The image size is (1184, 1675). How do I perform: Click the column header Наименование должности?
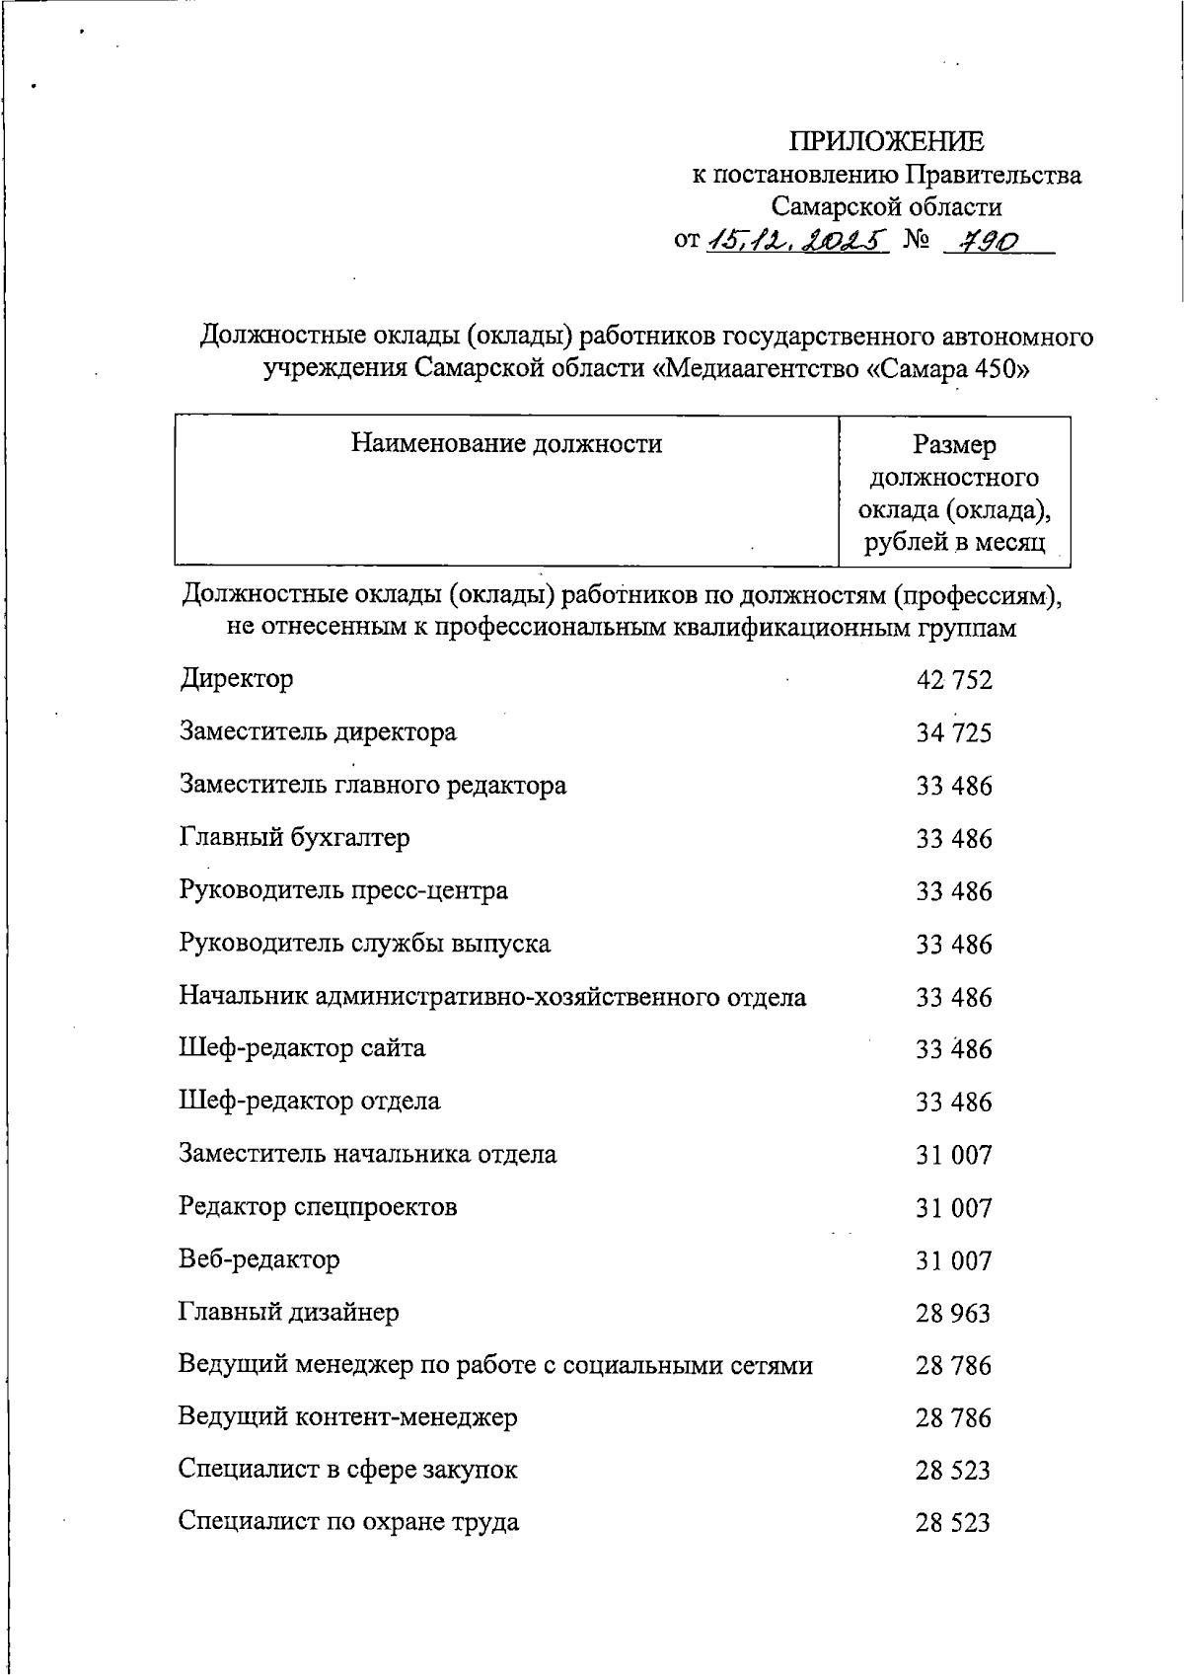tap(506, 444)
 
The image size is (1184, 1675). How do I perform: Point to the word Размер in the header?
tap(954, 445)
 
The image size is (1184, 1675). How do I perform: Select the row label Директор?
tap(237, 679)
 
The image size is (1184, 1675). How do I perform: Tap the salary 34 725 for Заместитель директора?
tap(953, 733)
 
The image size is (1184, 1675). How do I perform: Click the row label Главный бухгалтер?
tap(294, 838)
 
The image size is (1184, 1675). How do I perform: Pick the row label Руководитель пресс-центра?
tap(343, 890)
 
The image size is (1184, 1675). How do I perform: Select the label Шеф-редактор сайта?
tap(302, 1047)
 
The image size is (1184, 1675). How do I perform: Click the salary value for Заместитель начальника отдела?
tap(953, 1155)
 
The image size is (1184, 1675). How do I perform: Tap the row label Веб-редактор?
tap(259, 1259)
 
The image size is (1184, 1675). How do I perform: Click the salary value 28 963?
tap(953, 1314)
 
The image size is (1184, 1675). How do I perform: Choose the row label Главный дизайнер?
tap(289, 1312)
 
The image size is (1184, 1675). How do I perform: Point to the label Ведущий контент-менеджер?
tap(347, 1417)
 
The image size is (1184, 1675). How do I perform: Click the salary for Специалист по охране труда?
tap(953, 1523)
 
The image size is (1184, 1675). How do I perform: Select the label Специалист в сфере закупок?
tap(347, 1470)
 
